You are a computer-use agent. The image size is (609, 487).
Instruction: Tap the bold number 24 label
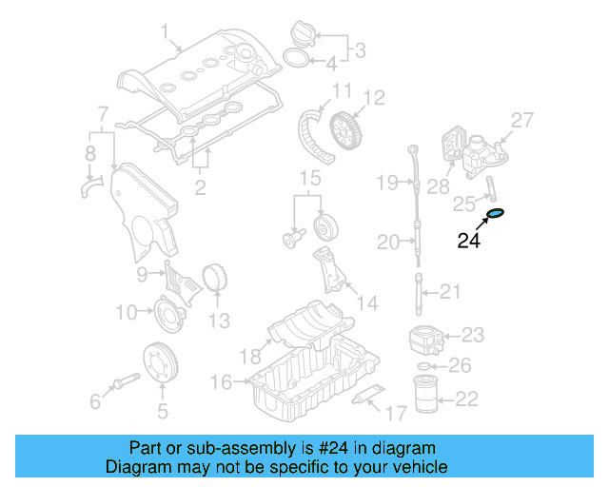pos(470,242)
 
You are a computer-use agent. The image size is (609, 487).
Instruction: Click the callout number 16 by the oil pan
pos(220,382)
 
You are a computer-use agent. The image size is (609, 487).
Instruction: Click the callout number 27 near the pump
pos(522,121)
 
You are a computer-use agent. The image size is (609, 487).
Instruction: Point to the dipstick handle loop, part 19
pos(412,152)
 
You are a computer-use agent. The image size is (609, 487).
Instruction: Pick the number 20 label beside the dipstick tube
pos(388,243)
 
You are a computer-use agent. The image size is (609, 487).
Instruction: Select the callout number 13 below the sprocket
pos(220,321)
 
